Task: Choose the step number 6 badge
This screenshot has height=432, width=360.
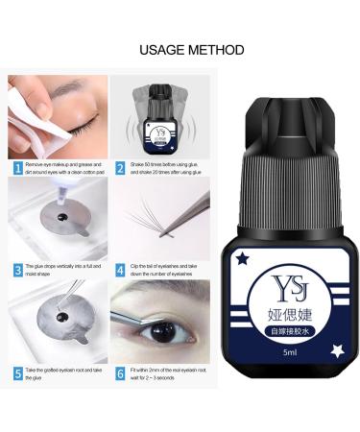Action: point(120,373)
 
